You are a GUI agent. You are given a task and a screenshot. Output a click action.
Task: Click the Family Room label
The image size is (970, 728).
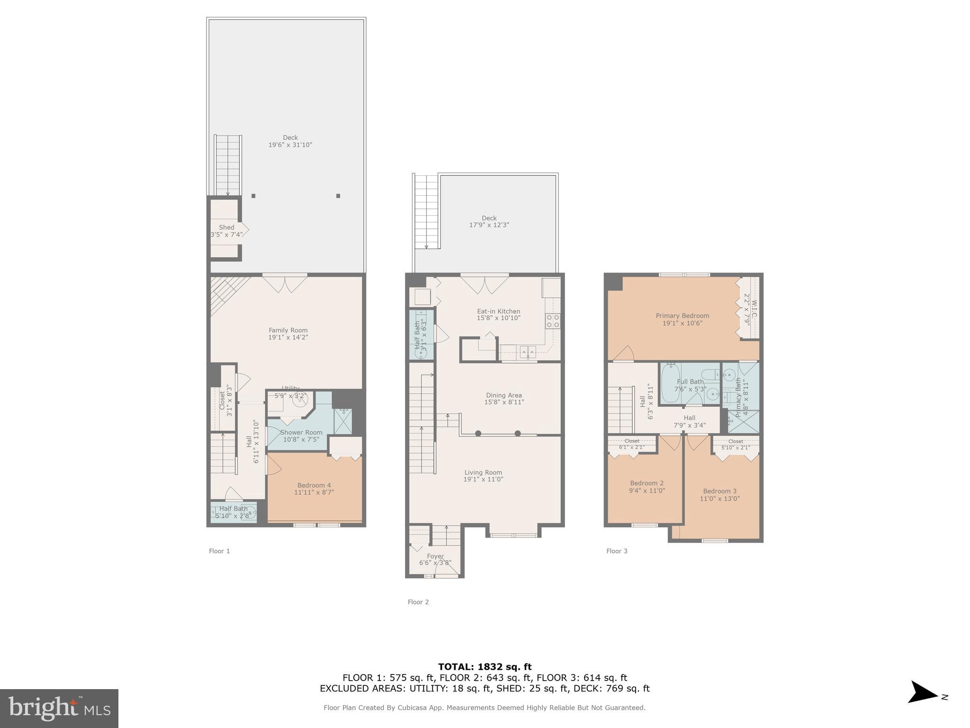(288, 330)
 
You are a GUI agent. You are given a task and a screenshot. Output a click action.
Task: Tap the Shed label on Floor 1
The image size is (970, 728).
(226, 227)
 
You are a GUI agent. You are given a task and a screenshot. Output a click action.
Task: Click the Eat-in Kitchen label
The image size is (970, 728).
(498, 311)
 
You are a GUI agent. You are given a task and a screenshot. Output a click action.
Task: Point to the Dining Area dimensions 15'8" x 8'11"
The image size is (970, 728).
(504, 402)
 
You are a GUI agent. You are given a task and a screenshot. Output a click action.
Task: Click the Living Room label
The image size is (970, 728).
(483, 473)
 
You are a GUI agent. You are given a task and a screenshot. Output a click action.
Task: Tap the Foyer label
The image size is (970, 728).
(435, 556)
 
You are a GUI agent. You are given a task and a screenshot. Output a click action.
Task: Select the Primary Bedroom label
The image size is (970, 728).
(682, 316)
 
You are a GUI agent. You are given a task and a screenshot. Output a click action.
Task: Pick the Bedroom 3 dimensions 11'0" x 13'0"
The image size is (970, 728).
(719, 499)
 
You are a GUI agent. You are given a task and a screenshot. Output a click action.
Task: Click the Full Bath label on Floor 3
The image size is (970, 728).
(690, 382)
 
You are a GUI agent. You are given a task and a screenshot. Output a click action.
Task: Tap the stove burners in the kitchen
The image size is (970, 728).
(553, 321)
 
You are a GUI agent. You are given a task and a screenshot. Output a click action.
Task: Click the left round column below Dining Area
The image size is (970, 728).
(478, 433)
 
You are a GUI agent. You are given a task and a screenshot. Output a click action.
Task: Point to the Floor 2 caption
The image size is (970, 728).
(418, 602)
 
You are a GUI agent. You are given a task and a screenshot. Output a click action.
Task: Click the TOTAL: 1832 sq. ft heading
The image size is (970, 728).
(485, 667)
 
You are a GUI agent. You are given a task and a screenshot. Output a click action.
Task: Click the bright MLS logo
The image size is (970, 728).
(59, 709)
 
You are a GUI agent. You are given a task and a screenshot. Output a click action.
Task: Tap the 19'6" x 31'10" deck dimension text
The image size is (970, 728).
(290, 145)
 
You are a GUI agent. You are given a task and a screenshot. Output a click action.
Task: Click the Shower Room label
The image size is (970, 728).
(301, 432)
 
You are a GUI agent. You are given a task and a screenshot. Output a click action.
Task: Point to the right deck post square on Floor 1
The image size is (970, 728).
(338, 196)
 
